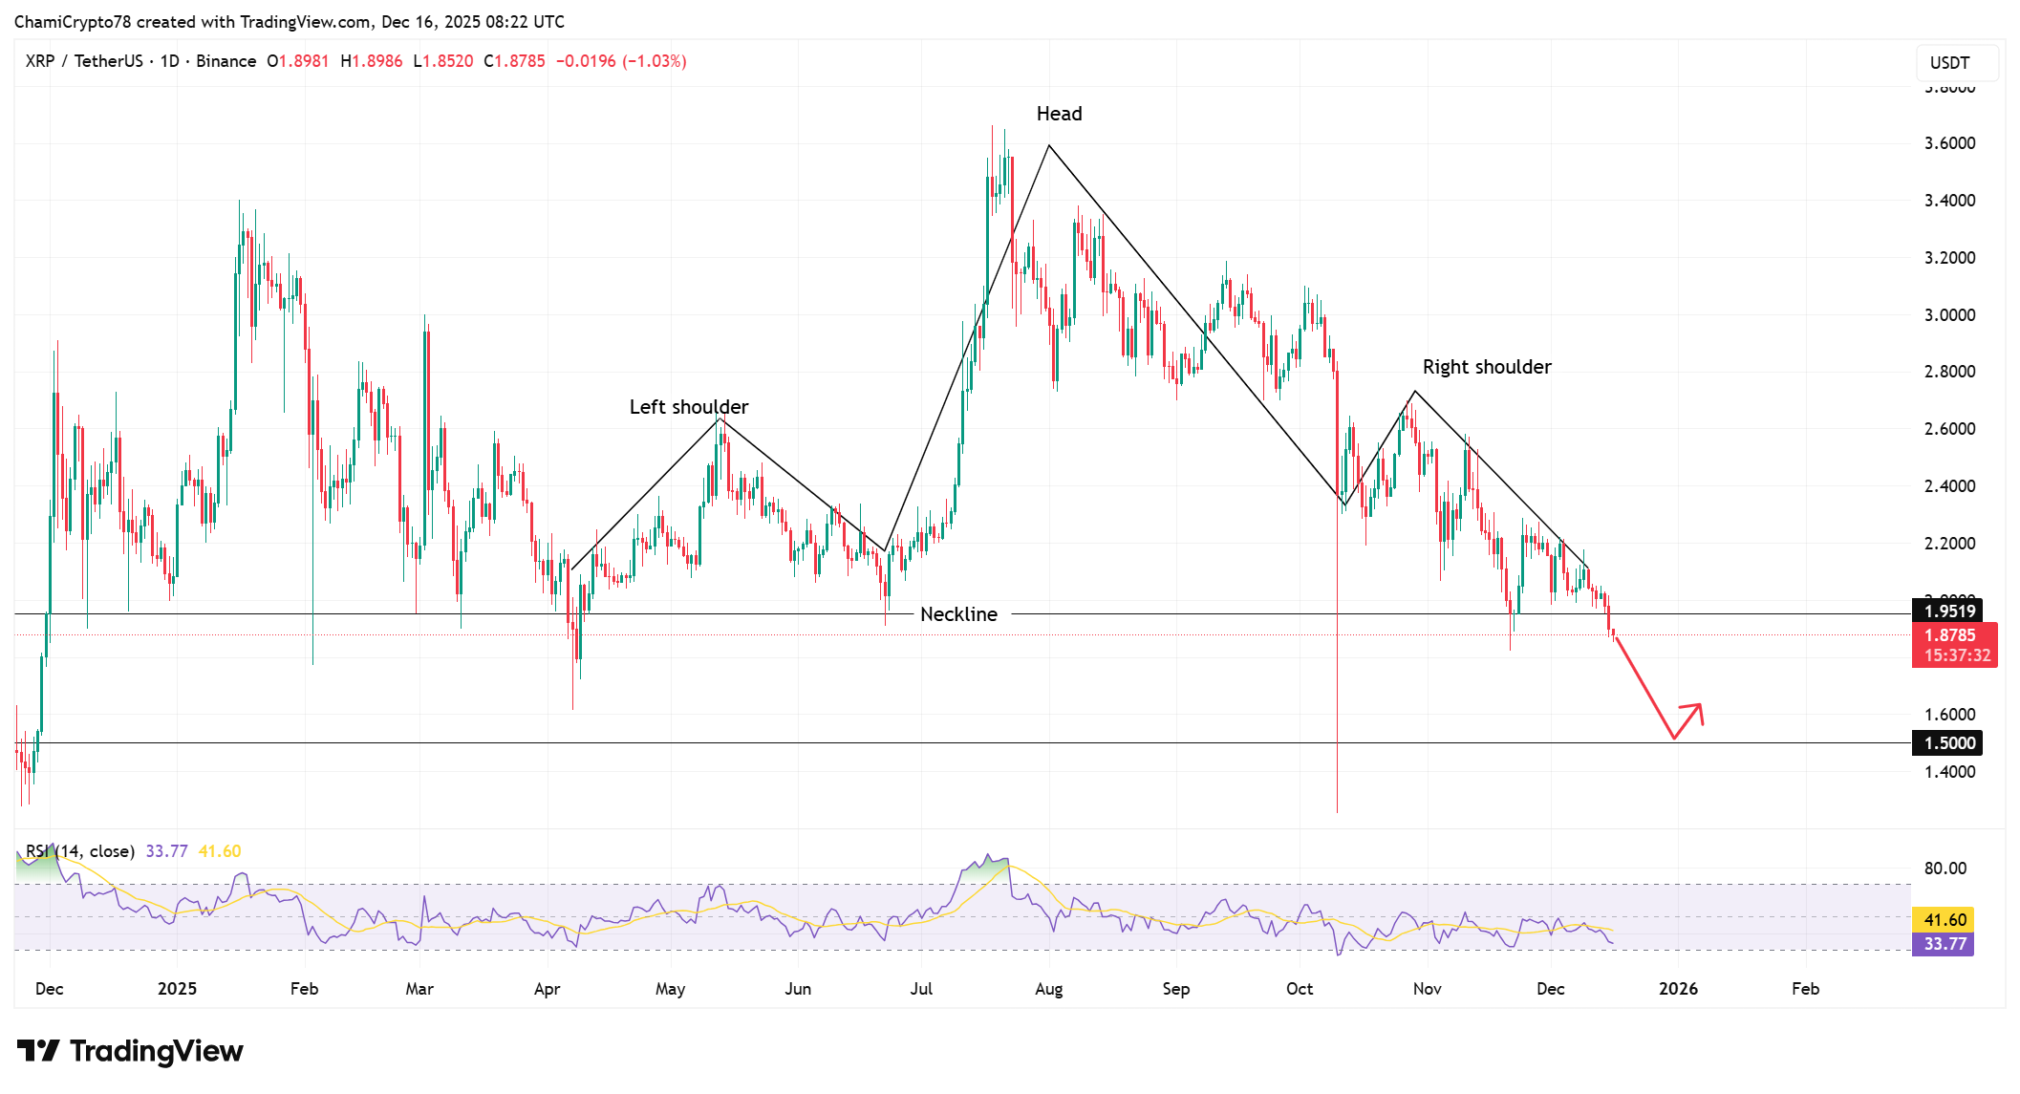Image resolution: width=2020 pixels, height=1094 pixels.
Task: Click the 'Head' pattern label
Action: click(x=1059, y=114)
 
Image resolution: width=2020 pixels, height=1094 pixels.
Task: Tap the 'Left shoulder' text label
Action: click(x=688, y=407)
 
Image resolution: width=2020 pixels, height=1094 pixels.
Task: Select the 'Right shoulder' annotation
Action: click(x=1486, y=367)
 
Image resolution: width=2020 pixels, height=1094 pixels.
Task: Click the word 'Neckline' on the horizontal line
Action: click(x=958, y=614)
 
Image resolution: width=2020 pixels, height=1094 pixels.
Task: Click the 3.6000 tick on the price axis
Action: click(x=1949, y=143)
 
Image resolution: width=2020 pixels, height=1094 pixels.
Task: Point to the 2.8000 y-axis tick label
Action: click(x=1949, y=372)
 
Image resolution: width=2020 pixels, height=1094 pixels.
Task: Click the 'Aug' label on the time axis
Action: click(x=1048, y=989)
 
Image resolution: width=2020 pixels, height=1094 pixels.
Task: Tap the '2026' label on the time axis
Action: click(x=1678, y=989)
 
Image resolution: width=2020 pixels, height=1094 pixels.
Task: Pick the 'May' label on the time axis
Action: click(x=670, y=989)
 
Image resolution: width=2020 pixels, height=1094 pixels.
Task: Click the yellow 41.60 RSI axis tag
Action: click(x=1944, y=920)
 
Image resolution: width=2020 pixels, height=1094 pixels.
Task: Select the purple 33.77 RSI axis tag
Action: click(x=1944, y=944)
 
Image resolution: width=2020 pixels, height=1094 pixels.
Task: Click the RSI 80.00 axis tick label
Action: click(x=1945, y=869)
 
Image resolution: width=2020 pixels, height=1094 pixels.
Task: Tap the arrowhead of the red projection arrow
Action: click(x=1698, y=709)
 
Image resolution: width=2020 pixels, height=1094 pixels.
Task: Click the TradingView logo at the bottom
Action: click(x=130, y=1051)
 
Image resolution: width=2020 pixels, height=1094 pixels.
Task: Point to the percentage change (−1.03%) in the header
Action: click(x=654, y=61)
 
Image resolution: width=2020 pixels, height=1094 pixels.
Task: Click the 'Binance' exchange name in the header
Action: click(x=226, y=61)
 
